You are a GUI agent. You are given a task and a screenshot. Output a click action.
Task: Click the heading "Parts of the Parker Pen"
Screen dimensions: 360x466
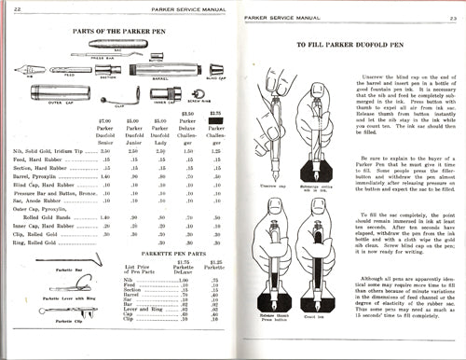[119, 32]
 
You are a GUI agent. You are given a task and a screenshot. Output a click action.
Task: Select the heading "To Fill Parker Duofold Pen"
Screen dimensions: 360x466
[351, 45]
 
